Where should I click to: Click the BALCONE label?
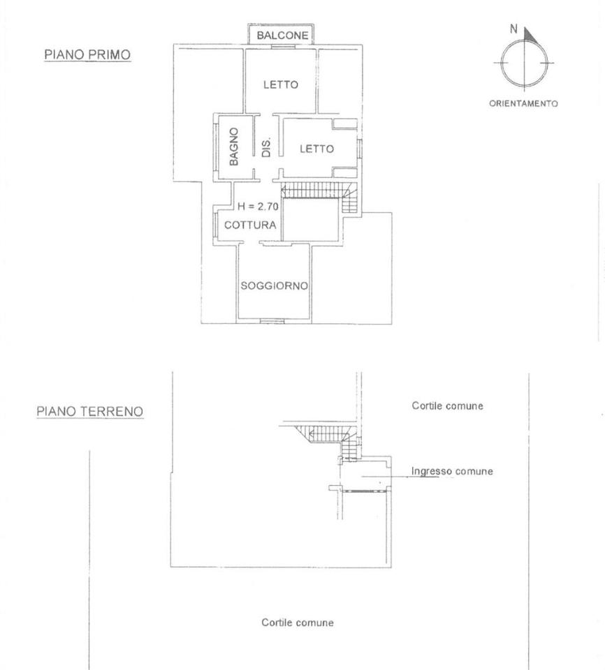[x=282, y=36]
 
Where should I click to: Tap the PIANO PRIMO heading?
[x=87, y=54]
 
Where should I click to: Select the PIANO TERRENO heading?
[x=90, y=412]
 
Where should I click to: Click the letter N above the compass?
[x=514, y=29]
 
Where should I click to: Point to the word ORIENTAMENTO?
[x=523, y=103]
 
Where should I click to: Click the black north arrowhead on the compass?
[x=530, y=35]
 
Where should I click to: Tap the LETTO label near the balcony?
[x=281, y=84]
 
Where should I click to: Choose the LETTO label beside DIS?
[x=316, y=149]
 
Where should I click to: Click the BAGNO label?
[x=233, y=147]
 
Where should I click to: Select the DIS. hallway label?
[x=266, y=147]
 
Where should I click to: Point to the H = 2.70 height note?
[x=258, y=207]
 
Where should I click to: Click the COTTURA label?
[x=250, y=225]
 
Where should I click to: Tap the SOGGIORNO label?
[x=275, y=285]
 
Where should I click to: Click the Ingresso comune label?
[x=452, y=471]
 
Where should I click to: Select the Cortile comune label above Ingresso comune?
[x=448, y=405]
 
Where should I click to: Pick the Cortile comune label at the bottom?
[x=298, y=623]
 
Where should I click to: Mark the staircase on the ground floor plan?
[x=329, y=440]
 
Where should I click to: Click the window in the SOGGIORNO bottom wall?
[x=272, y=320]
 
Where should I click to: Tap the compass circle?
[x=501, y=63]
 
